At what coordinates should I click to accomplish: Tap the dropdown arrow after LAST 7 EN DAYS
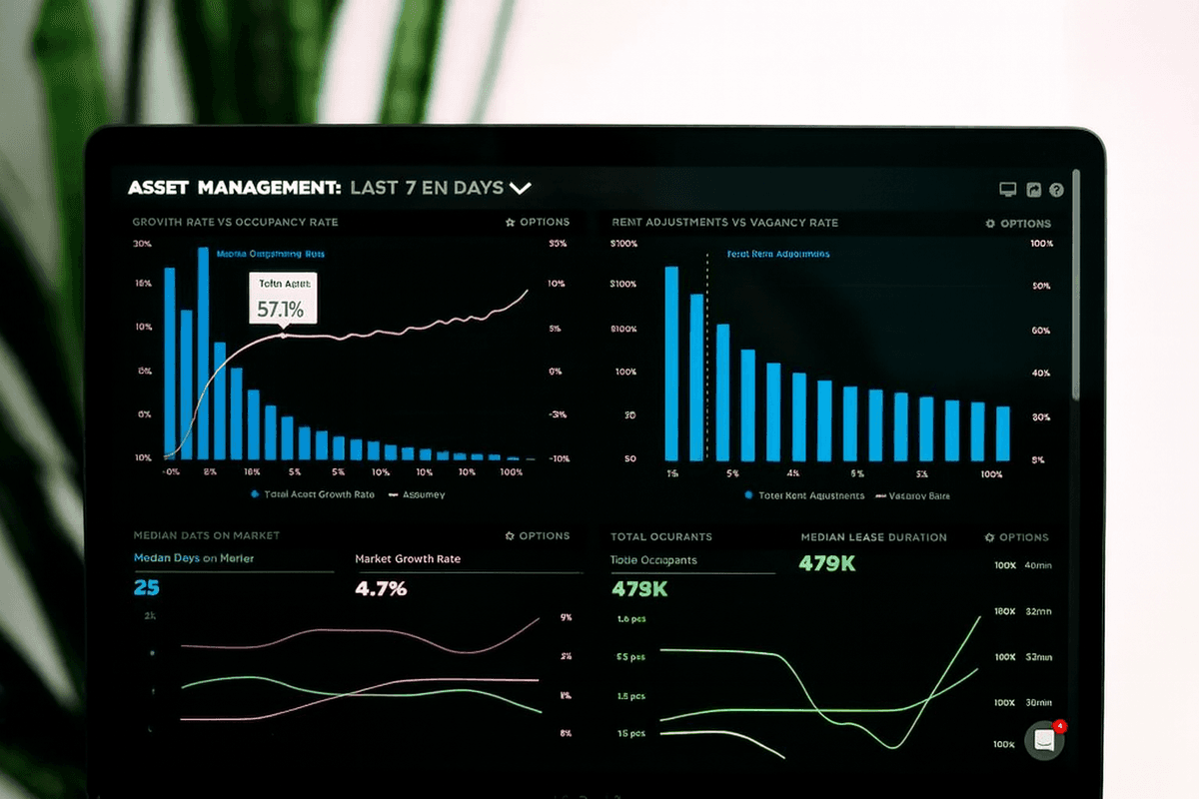520,188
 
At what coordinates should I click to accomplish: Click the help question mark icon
1056,190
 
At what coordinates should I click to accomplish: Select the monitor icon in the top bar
1008,190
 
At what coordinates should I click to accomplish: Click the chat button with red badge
1044,740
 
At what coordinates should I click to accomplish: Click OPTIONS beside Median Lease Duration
1017,537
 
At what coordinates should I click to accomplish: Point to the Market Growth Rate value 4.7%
381,588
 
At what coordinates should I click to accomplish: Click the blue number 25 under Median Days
146,588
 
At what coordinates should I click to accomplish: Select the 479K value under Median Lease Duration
827,564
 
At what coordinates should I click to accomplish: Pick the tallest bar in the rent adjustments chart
671,362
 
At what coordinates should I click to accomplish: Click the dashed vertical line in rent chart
707,360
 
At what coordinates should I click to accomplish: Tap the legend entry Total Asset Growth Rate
315,494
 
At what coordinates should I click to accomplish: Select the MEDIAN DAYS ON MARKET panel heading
206,535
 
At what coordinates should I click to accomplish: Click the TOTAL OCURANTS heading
660,536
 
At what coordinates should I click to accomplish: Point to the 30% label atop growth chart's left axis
142,244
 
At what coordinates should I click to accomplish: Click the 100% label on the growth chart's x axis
511,471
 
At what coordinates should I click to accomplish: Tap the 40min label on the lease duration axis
1038,565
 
